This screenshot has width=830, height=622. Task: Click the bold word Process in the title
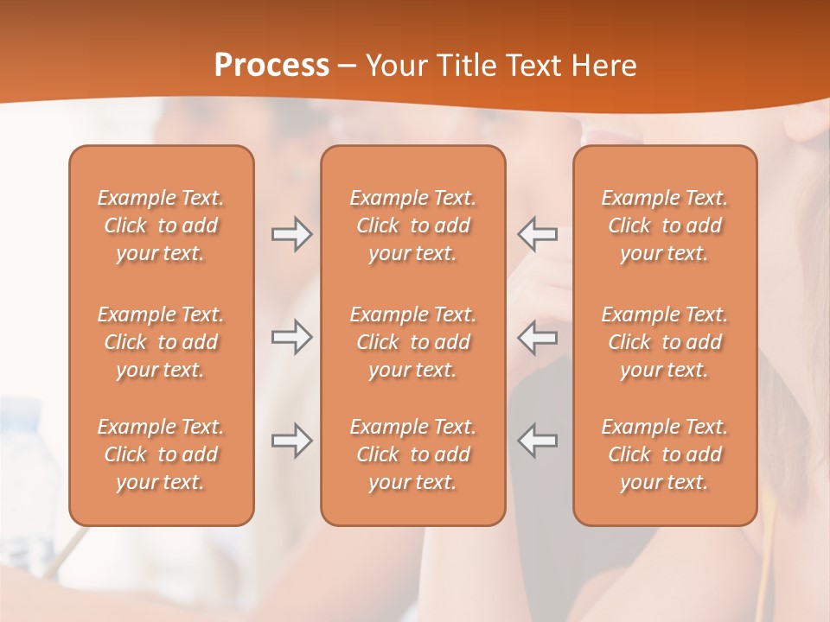point(271,66)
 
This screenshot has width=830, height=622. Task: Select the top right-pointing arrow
point(291,234)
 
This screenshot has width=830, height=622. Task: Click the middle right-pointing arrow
point(291,338)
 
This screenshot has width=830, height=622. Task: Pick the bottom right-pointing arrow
point(291,441)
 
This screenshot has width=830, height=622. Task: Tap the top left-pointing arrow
point(538,234)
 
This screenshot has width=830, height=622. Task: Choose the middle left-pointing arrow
point(538,338)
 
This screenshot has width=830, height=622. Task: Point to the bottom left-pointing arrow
point(538,441)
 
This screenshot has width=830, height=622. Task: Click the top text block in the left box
point(161,225)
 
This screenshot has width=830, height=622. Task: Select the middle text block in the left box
point(161,342)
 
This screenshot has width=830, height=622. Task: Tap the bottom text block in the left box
point(161,454)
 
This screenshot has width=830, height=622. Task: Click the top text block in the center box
point(412,225)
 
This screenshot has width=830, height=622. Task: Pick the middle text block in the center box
point(412,342)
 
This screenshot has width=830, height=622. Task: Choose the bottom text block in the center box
point(412,454)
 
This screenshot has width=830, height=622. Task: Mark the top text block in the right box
point(665,225)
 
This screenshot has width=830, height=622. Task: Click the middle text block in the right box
point(665,342)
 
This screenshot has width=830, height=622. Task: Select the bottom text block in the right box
point(665,454)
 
